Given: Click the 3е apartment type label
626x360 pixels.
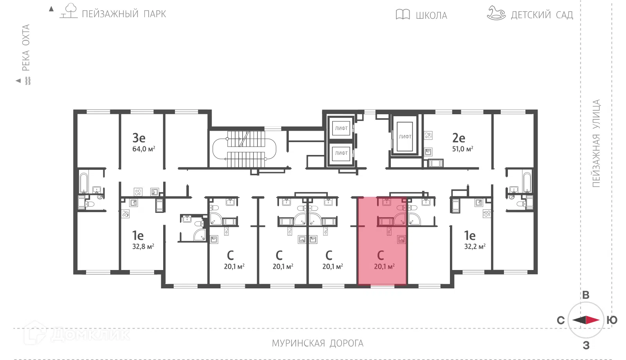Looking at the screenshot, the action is point(139,138).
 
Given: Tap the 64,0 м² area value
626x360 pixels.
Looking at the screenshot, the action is point(144,149).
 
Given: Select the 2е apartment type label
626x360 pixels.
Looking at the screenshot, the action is point(459,138).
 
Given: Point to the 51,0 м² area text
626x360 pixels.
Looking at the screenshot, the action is point(462,149).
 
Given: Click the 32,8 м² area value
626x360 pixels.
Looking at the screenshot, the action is point(143,247).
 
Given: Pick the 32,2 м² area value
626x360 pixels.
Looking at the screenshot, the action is point(475,247).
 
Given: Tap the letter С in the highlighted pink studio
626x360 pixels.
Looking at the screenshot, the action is point(380,255).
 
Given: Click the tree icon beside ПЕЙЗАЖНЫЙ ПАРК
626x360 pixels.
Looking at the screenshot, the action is point(69,11).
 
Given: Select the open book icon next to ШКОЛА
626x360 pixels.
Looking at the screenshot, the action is point(403,14).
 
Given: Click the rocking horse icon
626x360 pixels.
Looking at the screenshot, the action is point(496,13).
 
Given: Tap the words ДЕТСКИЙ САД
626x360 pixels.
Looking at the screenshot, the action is point(542,15).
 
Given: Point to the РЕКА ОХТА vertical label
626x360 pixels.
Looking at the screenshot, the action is point(26,48).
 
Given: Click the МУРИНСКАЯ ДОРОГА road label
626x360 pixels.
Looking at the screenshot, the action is point(317,343).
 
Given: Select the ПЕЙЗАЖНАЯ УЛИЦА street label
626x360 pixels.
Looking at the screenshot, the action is point(596,143).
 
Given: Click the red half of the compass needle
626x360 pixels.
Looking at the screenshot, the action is point(592,320).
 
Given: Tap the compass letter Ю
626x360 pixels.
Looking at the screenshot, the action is point(612,320).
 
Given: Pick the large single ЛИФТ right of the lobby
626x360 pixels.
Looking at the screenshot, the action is point(405,137).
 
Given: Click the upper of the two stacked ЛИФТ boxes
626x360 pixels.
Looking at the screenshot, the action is point(341,128).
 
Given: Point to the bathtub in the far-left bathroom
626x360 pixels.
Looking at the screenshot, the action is point(84,183).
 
